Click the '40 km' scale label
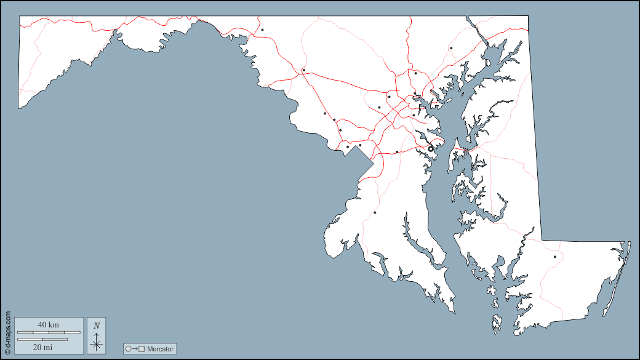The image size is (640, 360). [48, 324]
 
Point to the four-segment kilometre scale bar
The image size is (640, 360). [49, 332]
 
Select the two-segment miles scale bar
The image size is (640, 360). [42, 338]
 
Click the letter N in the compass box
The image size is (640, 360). [96, 325]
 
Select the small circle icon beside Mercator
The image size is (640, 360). [129, 349]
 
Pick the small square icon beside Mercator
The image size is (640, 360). [142, 349]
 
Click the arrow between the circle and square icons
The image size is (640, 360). [135, 349]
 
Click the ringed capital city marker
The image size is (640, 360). [431, 148]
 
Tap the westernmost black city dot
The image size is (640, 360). [262, 30]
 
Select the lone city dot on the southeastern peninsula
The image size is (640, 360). [554, 257]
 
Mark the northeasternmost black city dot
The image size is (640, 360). [451, 48]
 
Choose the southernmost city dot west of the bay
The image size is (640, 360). [375, 212]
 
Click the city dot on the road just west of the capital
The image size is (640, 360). [397, 151]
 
